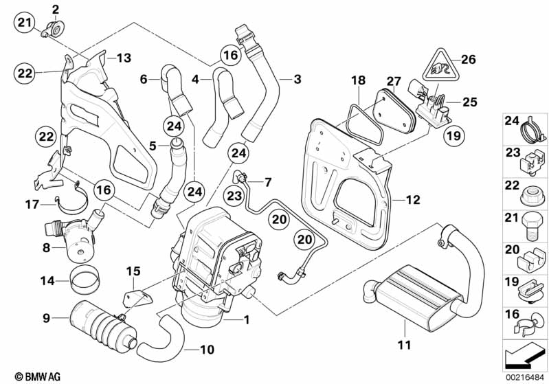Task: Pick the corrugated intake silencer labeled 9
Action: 100,324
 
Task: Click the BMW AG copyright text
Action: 25,376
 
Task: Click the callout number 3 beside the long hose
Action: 297,80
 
